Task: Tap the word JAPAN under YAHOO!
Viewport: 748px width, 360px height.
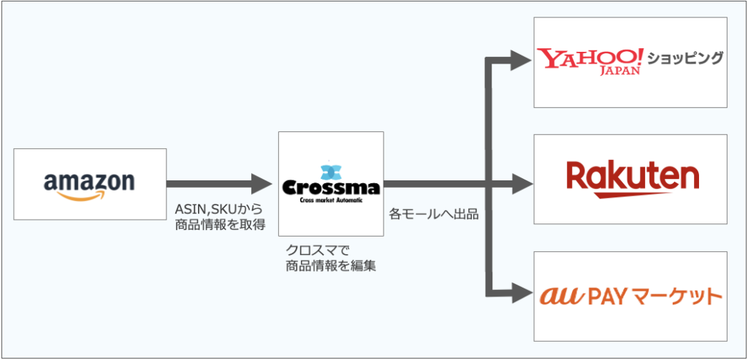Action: click(619, 72)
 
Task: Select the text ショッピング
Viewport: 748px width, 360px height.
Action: click(684, 58)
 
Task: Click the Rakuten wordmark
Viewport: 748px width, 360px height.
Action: click(632, 175)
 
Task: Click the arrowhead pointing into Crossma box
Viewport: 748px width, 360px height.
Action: click(261, 183)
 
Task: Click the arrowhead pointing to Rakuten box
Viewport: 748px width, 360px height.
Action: click(520, 183)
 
